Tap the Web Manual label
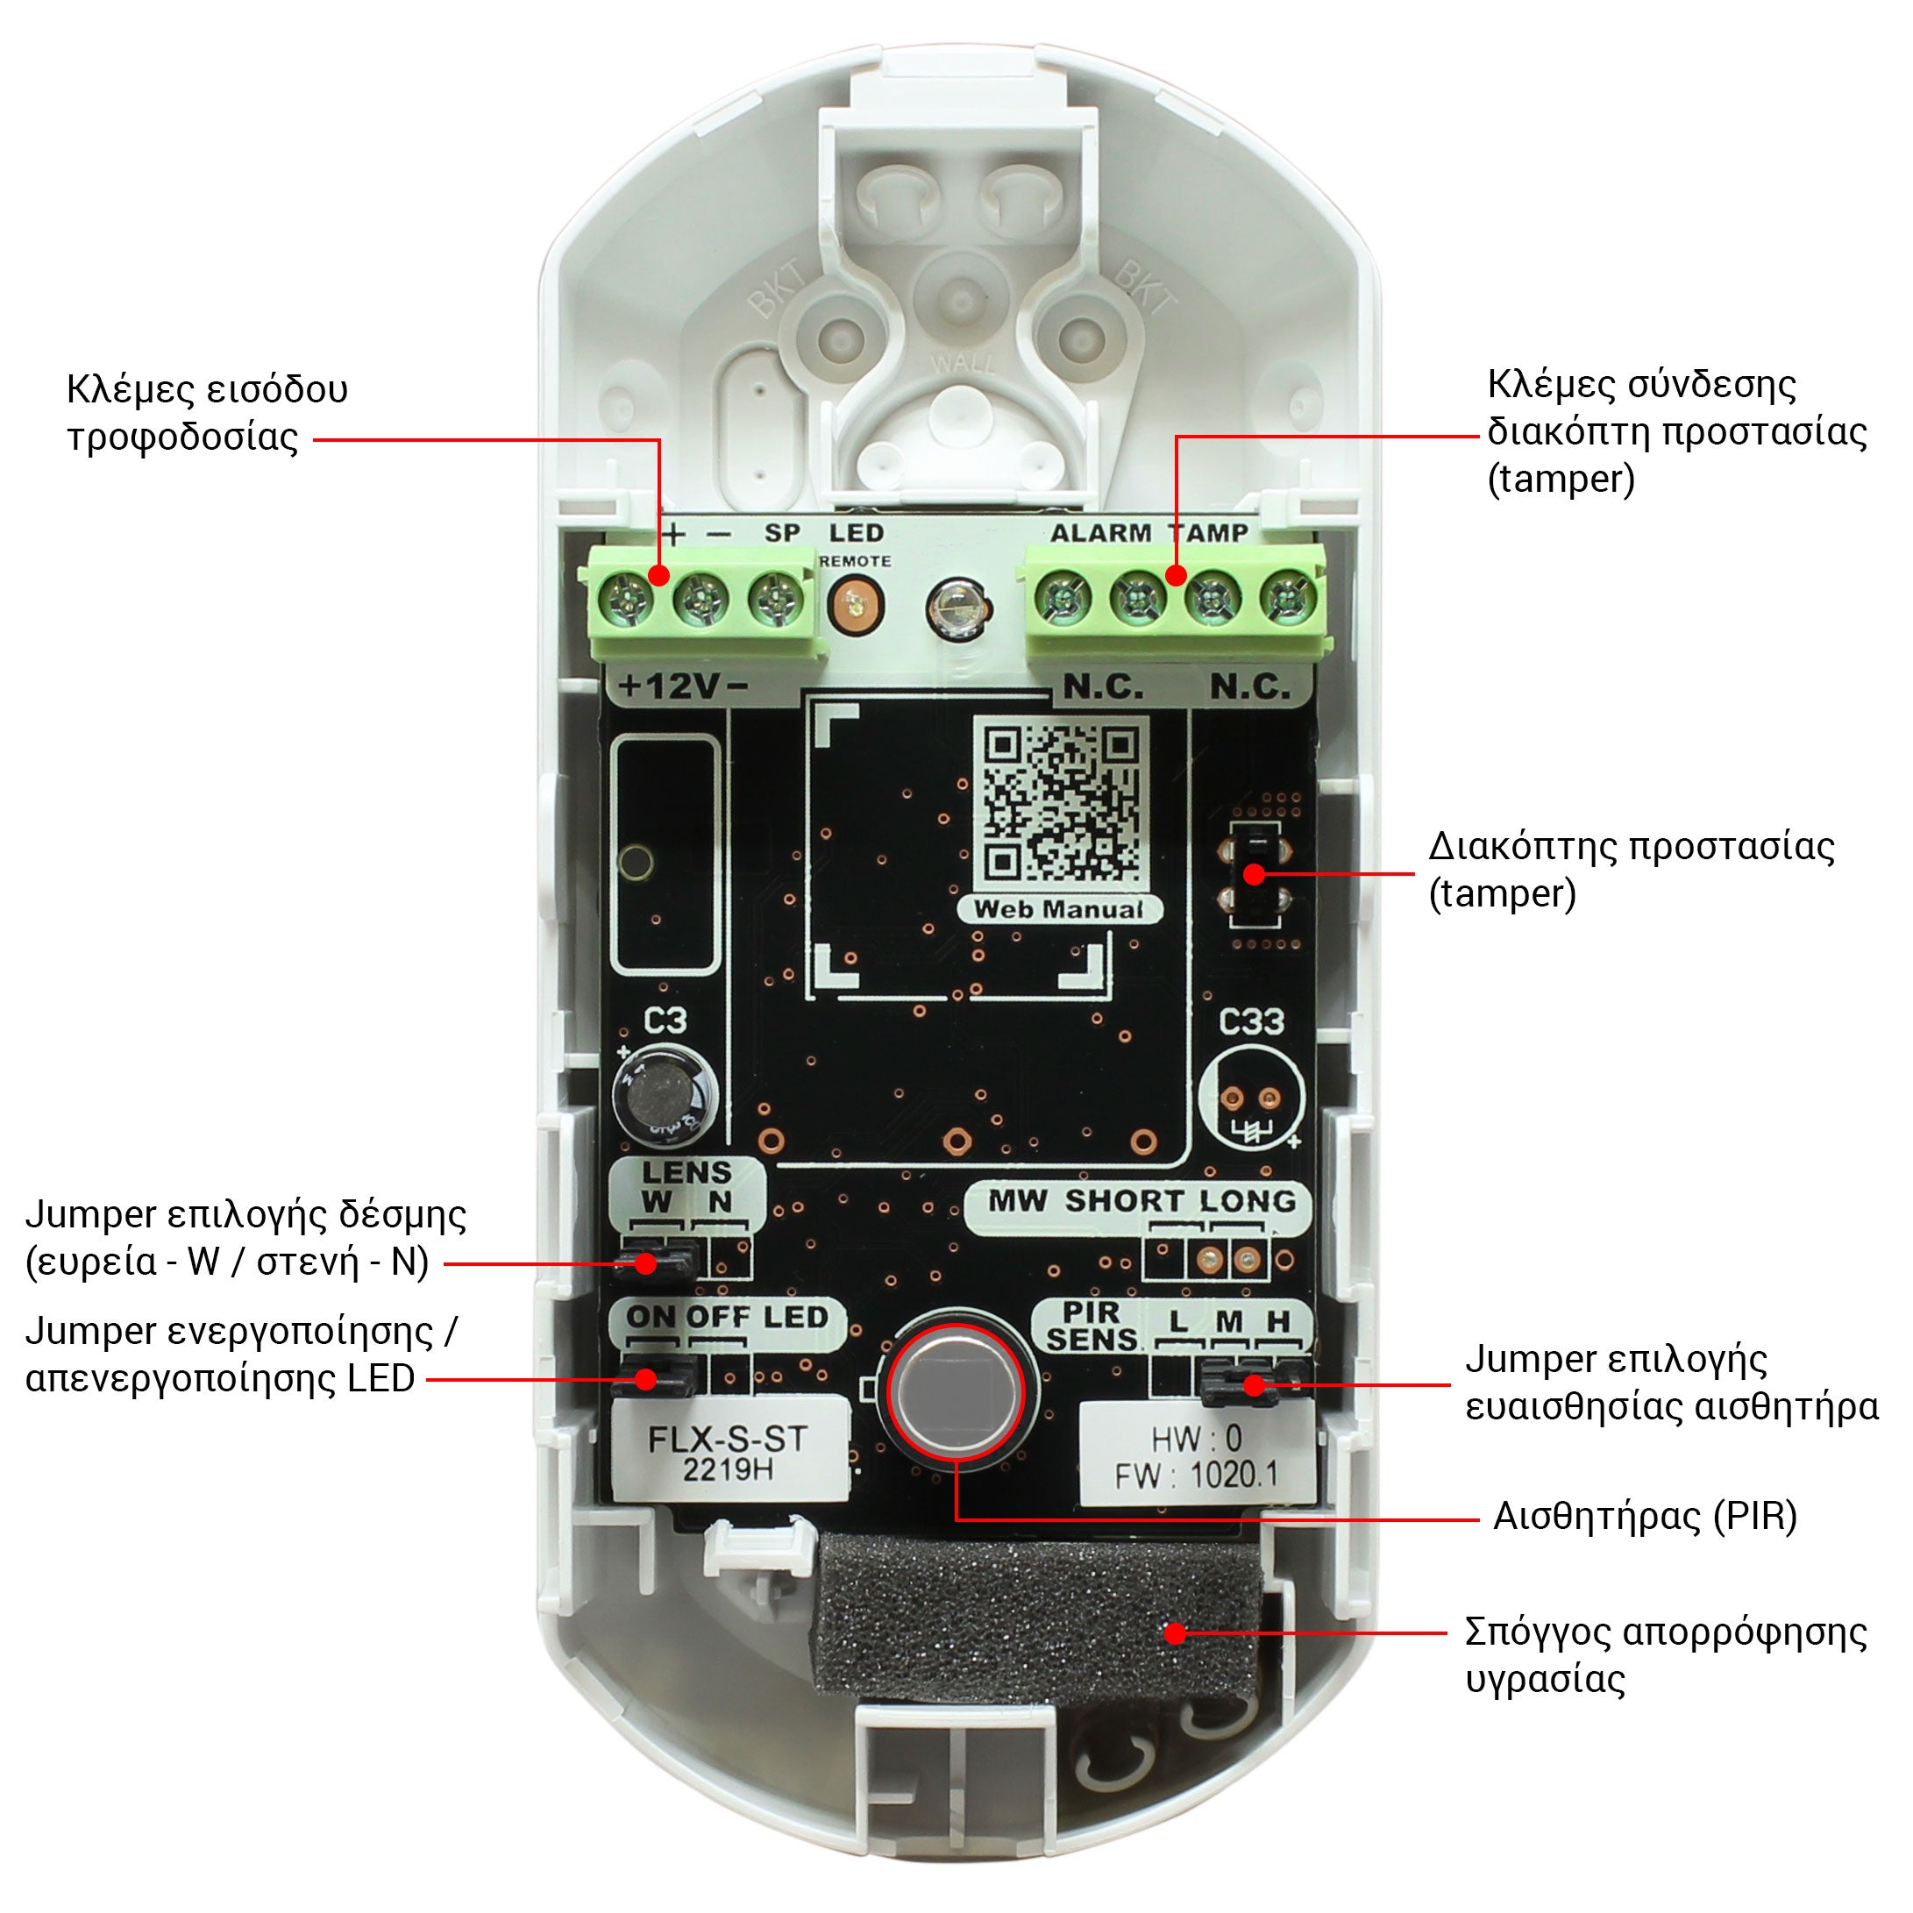pos(1058,910)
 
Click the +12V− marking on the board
pos(683,686)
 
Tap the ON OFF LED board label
pos(728,1318)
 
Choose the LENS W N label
pos(686,1187)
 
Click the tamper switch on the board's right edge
pos(1255,874)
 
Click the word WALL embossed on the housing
pos(963,363)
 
